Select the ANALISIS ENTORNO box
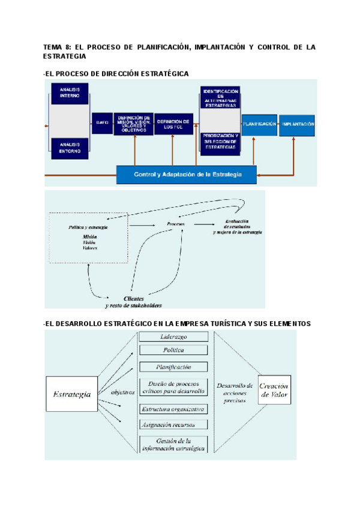coord(70,146)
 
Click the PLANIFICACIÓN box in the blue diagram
coord(259,124)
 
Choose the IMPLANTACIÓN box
coord(297,124)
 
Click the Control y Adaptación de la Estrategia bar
coord(187,175)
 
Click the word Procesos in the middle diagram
coord(175,224)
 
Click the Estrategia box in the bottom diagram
coord(72,394)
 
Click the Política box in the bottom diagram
coord(173,351)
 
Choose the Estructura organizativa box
coord(173,409)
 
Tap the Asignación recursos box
coord(173,424)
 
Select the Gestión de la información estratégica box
coord(173,444)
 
